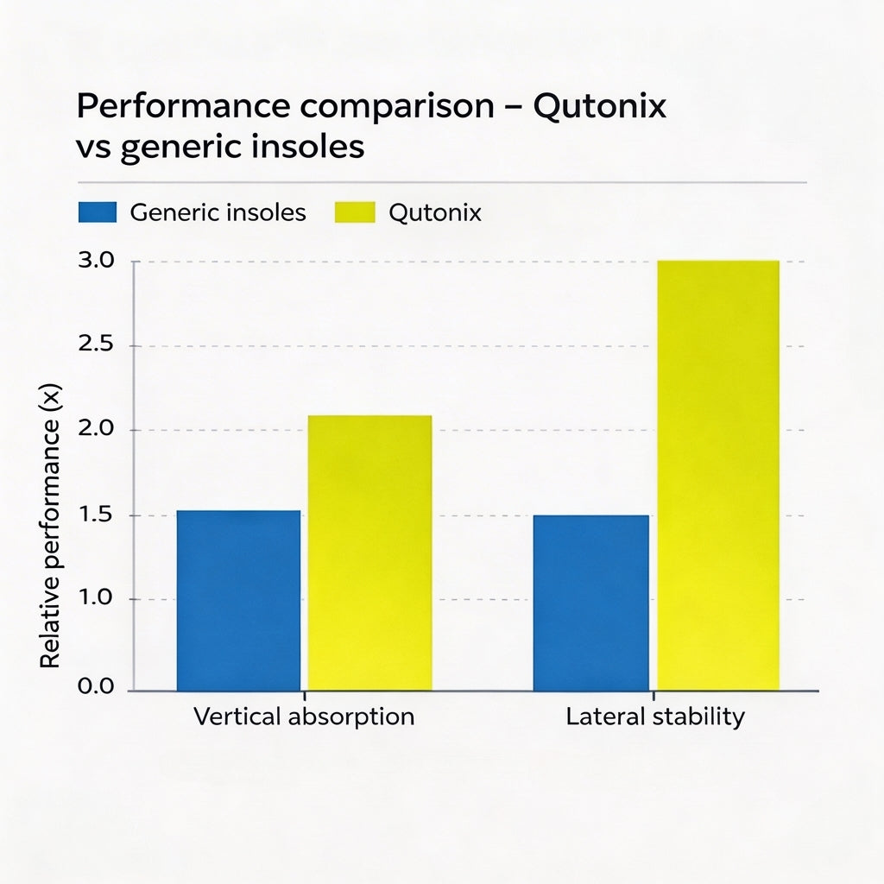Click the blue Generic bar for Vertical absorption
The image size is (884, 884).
(x=238, y=600)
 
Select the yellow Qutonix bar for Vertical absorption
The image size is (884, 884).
(x=369, y=552)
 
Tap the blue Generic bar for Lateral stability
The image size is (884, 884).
(x=590, y=603)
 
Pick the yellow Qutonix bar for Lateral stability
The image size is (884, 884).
(x=718, y=475)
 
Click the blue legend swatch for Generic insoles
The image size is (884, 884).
(x=97, y=212)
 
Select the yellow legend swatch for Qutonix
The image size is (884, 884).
(x=355, y=212)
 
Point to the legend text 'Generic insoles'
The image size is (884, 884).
(x=218, y=212)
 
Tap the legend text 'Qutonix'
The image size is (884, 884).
(x=435, y=212)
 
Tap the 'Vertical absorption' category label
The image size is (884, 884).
(x=304, y=717)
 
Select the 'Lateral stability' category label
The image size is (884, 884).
(x=655, y=717)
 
